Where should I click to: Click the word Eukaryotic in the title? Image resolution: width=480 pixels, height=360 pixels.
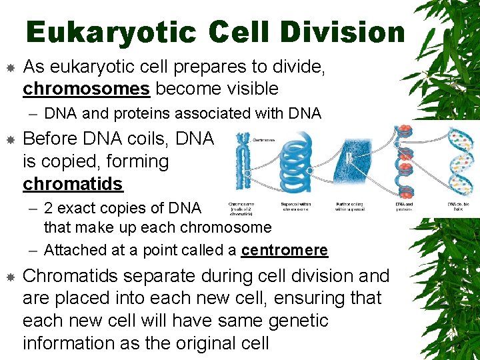(111, 32)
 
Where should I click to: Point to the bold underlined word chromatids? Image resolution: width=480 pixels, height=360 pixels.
(73, 183)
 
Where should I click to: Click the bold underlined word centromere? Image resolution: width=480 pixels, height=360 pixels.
(285, 250)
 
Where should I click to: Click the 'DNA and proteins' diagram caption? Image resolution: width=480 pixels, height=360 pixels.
(404, 207)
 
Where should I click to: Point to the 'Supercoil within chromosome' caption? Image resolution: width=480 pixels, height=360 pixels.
(296, 207)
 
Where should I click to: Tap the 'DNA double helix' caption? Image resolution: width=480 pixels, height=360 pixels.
(458, 207)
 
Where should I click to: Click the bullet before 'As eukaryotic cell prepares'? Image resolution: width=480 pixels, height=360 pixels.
(10, 67)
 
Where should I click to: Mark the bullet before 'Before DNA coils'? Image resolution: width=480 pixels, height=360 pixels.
(10, 139)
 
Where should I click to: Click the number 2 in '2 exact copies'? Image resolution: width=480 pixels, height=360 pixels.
(49, 207)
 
